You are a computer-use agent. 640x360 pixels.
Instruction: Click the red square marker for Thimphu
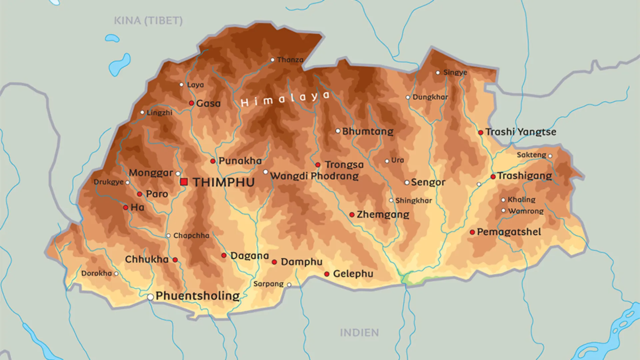pos(184,182)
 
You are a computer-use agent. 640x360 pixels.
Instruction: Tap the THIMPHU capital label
pos(224,182)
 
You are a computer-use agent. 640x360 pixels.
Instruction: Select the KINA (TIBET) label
pos(148,21)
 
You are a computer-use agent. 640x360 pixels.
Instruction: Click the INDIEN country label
pos(359,333)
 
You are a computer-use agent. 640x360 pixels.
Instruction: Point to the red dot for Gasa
pos(192,103)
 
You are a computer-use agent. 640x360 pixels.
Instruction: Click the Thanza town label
pos(290,60)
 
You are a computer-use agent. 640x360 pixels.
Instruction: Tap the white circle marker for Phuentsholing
pos(151,297)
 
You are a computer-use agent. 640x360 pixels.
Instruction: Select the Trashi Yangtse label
pos(521,132)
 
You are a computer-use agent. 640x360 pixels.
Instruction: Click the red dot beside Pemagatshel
pos(472,232)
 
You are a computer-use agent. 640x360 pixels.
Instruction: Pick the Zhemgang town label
pos(383,214)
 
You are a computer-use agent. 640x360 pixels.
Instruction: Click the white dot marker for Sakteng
pos(550,156)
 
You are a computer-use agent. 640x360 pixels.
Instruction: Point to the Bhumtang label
pos(368,131)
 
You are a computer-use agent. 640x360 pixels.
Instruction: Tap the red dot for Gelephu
pos(327,274)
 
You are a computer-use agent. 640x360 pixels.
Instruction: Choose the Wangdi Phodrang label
pos(314,176)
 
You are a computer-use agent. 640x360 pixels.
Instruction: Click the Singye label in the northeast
pos(455,73)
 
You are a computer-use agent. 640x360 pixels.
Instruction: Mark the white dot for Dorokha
pos(116,274)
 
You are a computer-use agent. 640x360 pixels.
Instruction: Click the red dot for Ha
pos(126,208)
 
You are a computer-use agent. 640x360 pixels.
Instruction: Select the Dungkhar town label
pos(430,97)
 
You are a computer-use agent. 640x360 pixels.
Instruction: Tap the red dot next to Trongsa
pos(318,165)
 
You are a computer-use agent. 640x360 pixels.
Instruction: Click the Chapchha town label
pos(191,236)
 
